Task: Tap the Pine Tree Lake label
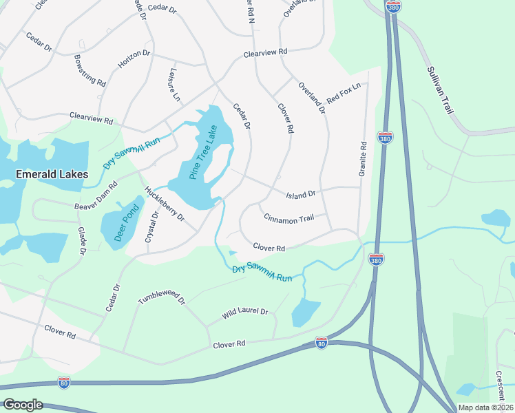click(203, 152)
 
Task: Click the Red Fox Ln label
click(344, 94)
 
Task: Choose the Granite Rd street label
click(362, 160)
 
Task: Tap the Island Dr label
click(301, 194)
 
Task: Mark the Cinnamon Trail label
click(288, 218)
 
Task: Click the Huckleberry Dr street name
click(165, 204)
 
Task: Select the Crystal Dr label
click(151, 227)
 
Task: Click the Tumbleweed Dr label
click(162, 297)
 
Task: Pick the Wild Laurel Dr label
click(244, 313)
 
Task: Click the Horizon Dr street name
click(134, 59)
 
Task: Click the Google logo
click(23, 405)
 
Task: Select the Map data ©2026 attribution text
click(485, 407)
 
